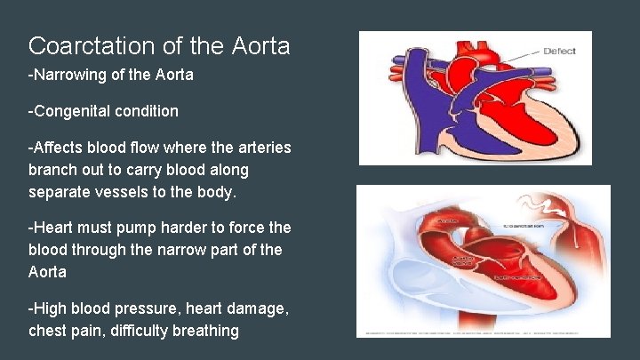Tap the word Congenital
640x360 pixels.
69,112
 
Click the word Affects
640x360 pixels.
56,147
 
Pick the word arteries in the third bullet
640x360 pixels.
263,147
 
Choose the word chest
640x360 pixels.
48,331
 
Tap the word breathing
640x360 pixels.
205,331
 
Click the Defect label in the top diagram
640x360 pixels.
558,51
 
